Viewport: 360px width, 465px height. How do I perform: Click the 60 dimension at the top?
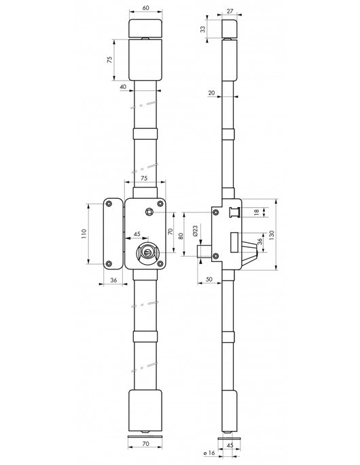click(146, 8)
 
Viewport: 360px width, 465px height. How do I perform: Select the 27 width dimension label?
click(230, 12)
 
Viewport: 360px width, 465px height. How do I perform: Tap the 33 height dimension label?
click(202, 29)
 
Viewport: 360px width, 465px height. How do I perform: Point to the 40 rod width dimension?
click(123, 87)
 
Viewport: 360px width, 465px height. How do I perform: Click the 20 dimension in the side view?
click(211, 93)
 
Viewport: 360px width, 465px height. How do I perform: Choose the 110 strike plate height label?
click(84, 234)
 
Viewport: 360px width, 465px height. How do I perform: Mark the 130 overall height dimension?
click(272, 235)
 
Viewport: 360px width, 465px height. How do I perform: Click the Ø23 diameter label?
click(195, 230)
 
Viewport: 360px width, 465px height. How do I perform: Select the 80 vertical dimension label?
click(181, 236)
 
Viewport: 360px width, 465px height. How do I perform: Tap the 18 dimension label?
click(257, 212)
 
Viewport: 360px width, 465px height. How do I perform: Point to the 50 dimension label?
click(209, 279)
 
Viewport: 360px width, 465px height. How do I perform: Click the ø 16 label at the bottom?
click(209, 453)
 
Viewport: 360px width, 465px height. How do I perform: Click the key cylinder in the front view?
click(147, 253)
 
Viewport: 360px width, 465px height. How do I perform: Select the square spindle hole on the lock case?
click(149, 211)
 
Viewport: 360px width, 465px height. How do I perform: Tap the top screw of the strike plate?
click(109, 204)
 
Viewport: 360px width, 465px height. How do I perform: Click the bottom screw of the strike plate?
click(109, 263)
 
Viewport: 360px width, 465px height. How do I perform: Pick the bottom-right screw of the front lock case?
click(160, 263)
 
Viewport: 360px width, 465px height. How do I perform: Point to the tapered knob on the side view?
click(250, 253)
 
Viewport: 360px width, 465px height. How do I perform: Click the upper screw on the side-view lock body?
click(216, 212)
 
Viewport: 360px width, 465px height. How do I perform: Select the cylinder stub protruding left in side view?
click(204, 251)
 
